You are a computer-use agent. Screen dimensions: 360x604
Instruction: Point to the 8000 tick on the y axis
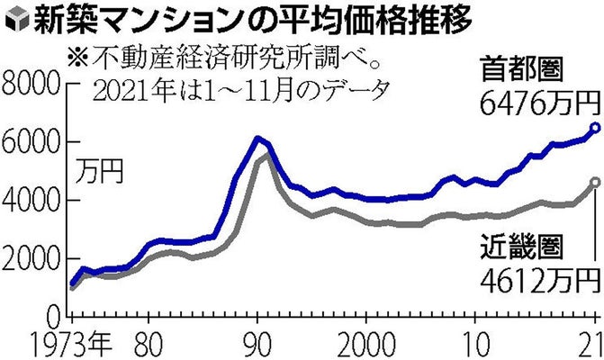32,88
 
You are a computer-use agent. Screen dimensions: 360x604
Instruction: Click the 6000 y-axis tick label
32,144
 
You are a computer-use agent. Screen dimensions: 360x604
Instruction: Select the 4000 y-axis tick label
32,202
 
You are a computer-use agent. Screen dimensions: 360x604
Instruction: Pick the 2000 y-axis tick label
32,259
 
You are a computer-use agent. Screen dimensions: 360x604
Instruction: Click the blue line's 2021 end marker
594,128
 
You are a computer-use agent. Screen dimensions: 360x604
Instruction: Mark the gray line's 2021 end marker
594,182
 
